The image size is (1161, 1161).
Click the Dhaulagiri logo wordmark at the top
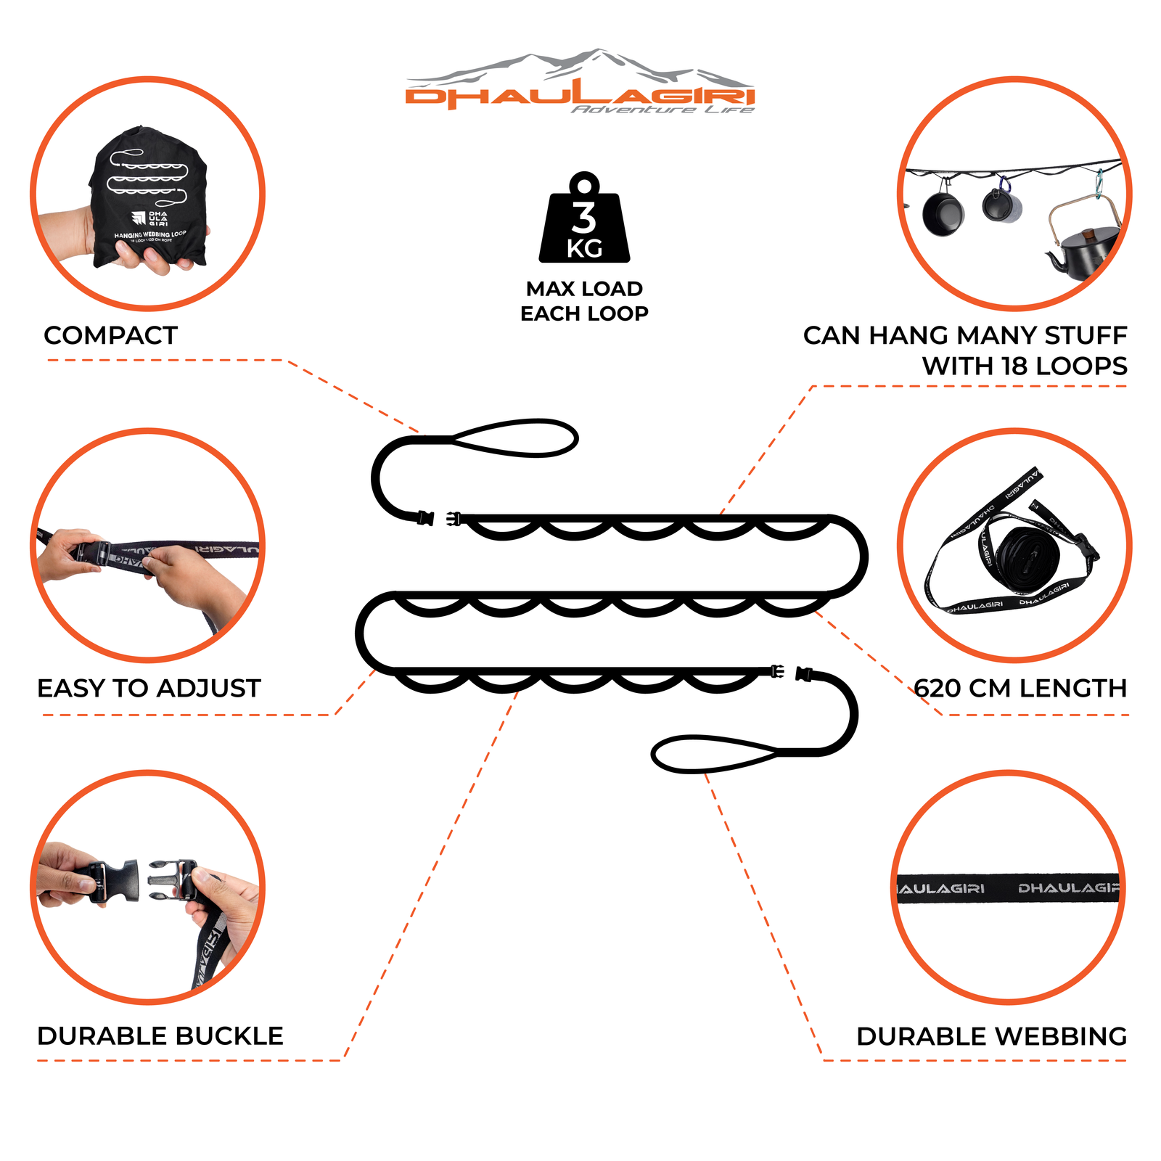(580, 96)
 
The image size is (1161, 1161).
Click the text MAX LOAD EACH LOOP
(584, 301)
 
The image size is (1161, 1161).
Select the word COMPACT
(110, 335)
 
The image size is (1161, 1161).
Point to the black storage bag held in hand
(149, 196)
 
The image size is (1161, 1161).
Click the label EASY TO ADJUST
(149, 688)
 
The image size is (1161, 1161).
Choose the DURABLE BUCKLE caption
(160, 1035)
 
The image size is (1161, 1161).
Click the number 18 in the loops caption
(1016, 366)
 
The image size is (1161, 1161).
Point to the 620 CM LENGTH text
(1020, 688)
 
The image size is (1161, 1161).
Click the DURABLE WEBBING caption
(991, 1036)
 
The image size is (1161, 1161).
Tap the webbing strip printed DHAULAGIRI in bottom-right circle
(1009, 888)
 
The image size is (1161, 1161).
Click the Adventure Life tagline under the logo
(662, 110)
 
